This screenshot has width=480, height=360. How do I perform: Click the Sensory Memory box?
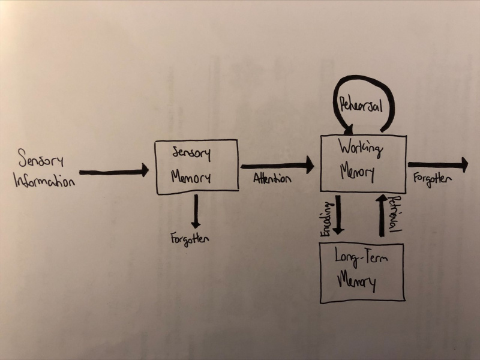coord(197,167)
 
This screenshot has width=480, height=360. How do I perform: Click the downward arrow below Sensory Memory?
coord(195,209)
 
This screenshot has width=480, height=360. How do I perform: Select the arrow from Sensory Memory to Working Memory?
coord(277,164)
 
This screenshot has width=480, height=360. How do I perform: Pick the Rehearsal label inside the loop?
coord(360,104)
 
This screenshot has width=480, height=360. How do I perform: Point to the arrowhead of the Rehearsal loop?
coord(348,127)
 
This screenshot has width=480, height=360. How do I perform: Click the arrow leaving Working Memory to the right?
coord(438,164)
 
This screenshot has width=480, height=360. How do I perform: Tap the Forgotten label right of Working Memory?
coord(433,178)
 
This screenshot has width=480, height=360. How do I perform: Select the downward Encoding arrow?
coord(338,215)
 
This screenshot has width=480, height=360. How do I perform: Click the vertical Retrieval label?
coord(394,214)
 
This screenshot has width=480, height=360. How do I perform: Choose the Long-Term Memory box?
coord(362,273)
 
